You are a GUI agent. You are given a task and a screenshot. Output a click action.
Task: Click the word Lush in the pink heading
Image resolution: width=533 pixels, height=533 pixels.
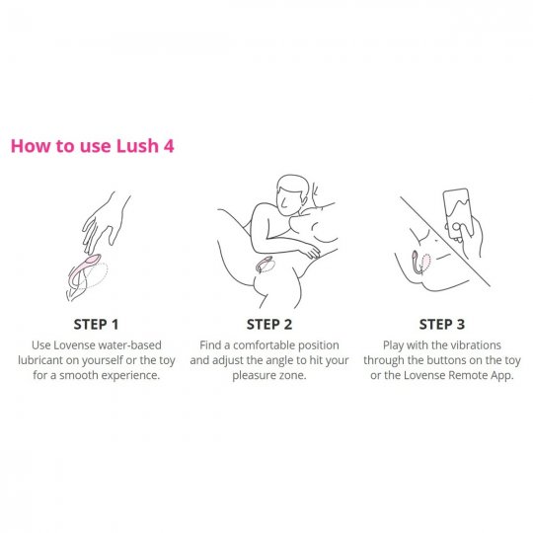[x=137, y=146]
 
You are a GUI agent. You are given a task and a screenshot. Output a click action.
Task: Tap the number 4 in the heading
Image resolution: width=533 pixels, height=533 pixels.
[x=169, y=146]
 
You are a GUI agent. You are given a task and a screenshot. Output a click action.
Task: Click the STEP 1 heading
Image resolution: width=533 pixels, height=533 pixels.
[x=96, y=325]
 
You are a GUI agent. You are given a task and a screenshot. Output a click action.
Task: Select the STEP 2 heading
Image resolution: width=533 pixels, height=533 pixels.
[x=269, y=325]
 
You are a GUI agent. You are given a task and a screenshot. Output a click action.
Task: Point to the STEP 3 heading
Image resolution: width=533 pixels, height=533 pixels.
[x=442, y=325]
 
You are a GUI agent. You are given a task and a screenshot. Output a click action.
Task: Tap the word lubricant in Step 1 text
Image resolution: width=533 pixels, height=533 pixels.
[x=40, y=360]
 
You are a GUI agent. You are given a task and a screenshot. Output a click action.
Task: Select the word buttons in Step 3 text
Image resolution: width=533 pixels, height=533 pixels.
[x=444, y=360]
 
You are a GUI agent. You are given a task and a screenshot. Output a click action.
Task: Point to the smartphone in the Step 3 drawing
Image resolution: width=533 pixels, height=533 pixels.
[x=458, y=214]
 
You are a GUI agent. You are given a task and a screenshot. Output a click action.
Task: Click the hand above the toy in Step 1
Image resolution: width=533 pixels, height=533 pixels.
[x=104, y=222]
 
